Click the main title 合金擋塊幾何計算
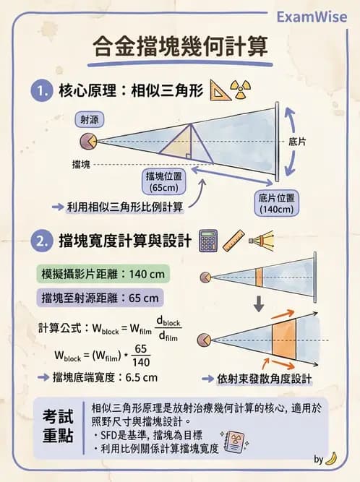point(181,46)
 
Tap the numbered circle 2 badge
point(39,241)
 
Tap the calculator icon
point(209,240)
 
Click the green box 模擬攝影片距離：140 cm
point(103,275)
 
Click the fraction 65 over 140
point(142,355)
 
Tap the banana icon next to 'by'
point(332,458)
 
